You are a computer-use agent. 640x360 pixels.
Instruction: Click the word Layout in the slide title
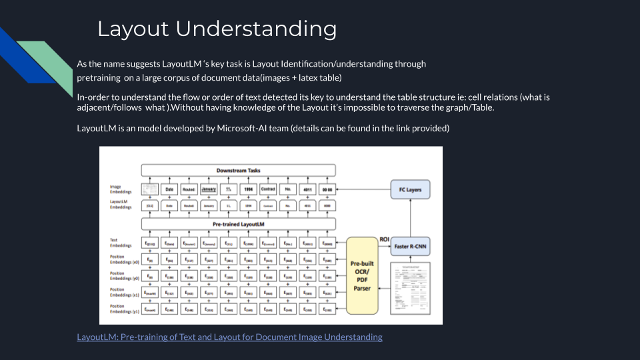[x=133, y=29]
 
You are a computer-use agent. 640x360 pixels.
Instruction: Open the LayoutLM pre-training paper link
[x=229, y=337]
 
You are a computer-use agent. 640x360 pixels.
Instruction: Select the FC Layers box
[x=410, y=189]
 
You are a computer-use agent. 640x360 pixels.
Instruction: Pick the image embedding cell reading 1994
[x=249, y=189]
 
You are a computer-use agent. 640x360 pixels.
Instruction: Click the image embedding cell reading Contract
[x=268, y=189]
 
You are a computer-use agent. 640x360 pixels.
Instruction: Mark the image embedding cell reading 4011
[x=307, y=189]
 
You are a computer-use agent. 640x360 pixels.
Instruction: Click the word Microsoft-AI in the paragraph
[x=247, y=128]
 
